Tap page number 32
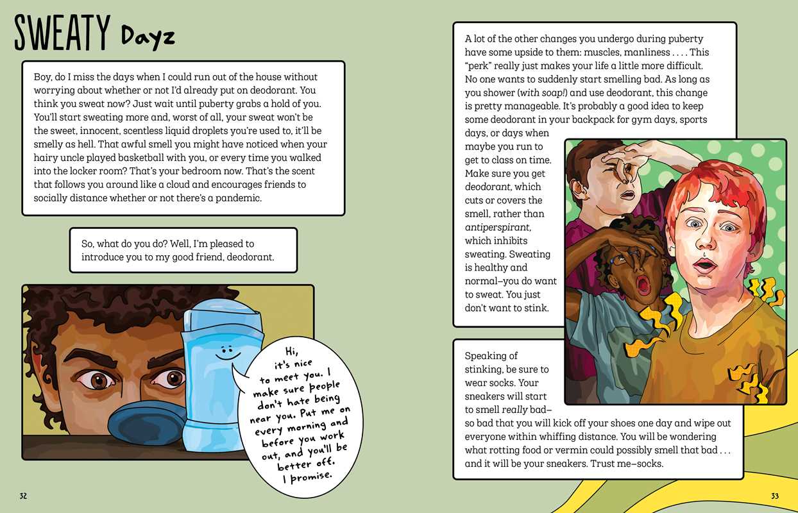point(23,496)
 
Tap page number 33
point(774,496)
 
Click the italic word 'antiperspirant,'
point(498,227)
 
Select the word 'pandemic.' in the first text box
point(240,198)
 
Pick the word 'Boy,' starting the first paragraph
point(42,77)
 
